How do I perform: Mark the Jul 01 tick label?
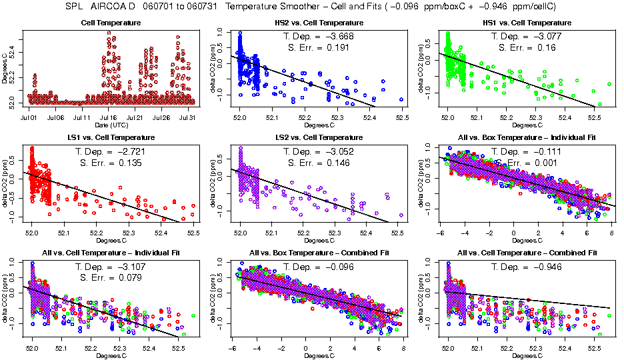click(29, 117)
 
